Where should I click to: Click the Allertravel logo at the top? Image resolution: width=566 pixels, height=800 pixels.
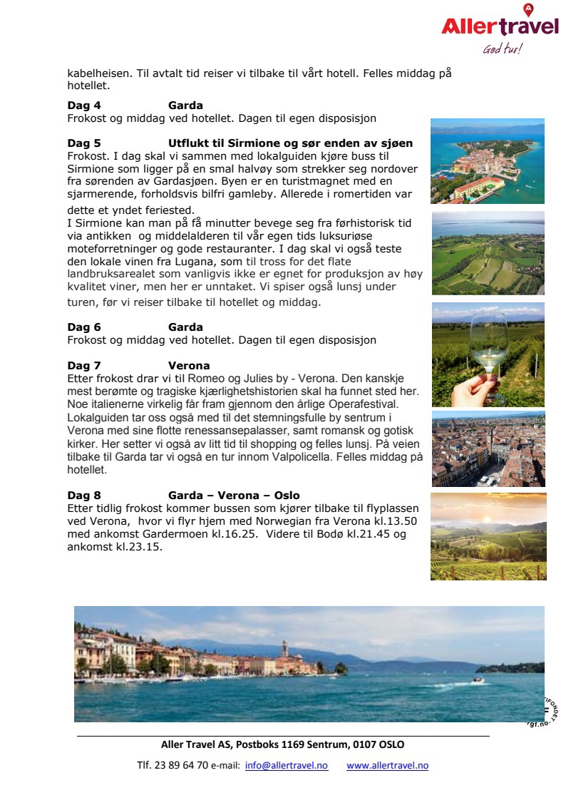point(499,26)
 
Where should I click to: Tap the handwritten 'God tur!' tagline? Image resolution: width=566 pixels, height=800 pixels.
point(502,49)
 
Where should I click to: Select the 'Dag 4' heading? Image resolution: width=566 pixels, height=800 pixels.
point(84,106)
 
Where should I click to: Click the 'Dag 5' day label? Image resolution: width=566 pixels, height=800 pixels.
point(84,143)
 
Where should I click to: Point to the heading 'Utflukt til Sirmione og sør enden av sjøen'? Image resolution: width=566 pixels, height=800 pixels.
point(290,143)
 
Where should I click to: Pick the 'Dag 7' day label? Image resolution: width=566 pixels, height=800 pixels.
point(84,366)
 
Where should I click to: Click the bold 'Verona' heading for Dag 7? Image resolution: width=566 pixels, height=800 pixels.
point(189,366)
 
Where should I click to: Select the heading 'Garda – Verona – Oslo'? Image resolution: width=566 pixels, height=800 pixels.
point(234,496)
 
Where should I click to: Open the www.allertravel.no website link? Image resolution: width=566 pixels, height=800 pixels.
point(387,766)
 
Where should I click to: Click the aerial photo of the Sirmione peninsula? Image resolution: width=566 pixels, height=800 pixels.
point(487,160)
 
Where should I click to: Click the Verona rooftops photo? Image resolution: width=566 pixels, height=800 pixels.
point(488,448)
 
